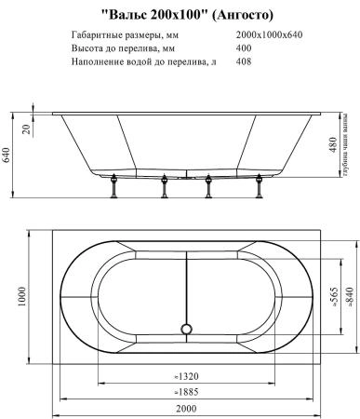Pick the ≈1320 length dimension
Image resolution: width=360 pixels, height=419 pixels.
pos(185,376)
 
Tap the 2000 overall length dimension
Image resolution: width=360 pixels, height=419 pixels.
pos(185,409)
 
